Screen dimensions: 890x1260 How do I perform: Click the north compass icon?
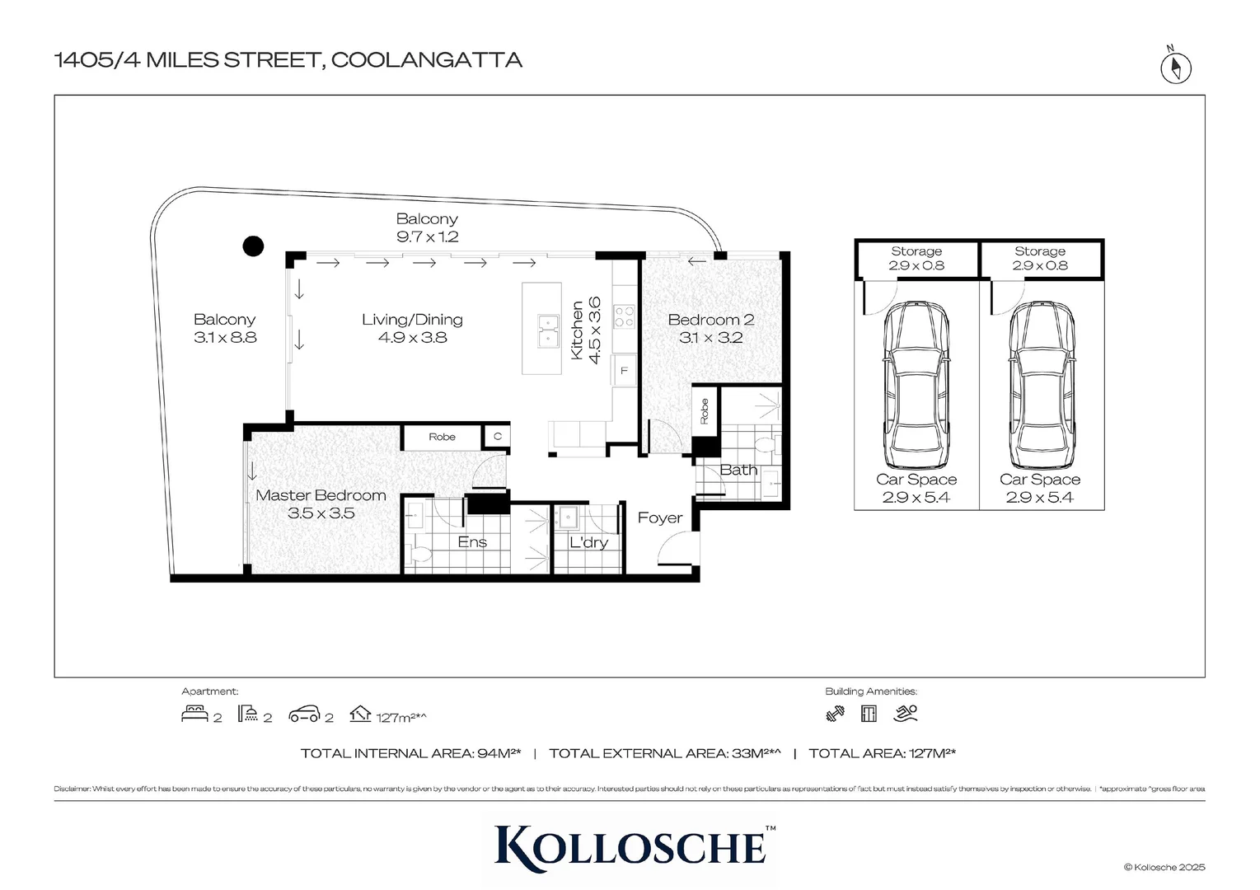click(x=1176, y=68)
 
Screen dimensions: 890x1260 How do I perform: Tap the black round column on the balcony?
click(x=253, y=246)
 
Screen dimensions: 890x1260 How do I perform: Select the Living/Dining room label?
click(x=412, y=328)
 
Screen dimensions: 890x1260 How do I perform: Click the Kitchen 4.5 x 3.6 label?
click(x=586, y=330)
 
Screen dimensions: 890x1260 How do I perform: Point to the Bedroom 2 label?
click(x=710, y=328)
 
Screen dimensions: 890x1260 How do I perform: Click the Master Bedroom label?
click(x=321, y=504)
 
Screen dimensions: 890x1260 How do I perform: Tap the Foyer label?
click(x=660, y=518)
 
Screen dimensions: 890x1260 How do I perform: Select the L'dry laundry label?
click(x=588, y=542)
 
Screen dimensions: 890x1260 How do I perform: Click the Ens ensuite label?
click(x=472, y=542)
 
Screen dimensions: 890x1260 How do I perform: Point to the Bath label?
click(x=738, y=470)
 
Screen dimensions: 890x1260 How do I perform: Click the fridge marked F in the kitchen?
click(x=624, y=371)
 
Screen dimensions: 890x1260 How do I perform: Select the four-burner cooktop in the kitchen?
click(x=625, y=317)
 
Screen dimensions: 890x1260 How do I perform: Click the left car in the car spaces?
click(x=916, y=384)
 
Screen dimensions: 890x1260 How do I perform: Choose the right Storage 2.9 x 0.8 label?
click(x=1040, y=258)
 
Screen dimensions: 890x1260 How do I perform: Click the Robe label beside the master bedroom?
click(x=442, y=437)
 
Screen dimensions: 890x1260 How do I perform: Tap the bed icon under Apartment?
click(x=194, y=714)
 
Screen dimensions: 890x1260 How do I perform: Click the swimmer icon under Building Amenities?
click(x=906, y=714)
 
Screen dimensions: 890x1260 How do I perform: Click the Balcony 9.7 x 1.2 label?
click(x=427, y=227)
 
